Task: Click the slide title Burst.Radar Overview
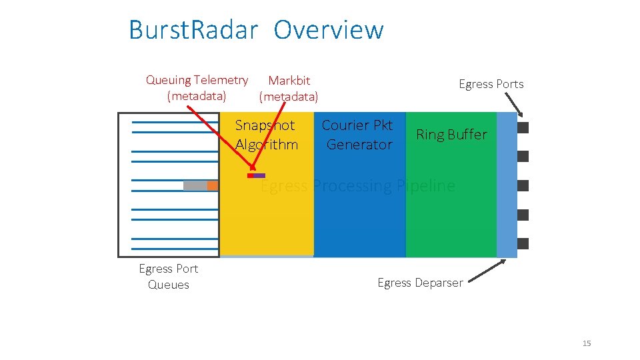tap(256, 31)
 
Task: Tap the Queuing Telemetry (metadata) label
tap(197, 88)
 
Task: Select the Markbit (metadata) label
tap(289, 88)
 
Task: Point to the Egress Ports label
tap(491, 84)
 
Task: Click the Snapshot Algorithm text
tap(266, 135)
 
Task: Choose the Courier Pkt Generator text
tap(357, 135)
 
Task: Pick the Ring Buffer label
tap(451, 135)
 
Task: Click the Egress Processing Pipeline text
tap(358, 186)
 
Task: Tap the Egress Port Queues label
tap(168, 277)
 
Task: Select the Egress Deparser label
tap(420, 283)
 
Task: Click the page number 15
tap(587, 343)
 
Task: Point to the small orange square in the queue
tap(213, 185)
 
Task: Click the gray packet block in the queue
tap(195, 185)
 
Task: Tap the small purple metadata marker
tap(259, 176)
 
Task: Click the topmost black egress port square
tap(523, 127)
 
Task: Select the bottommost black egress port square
tap(523, 243)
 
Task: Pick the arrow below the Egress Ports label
tap(515, 103)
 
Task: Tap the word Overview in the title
tap(329, 31)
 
